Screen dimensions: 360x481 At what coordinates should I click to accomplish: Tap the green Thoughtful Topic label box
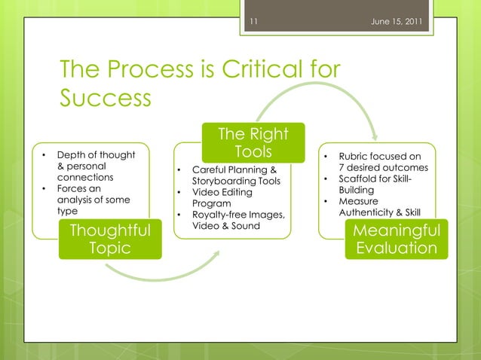[x=110, y=239]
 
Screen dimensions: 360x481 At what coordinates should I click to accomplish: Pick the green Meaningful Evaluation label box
[x=397, y=239]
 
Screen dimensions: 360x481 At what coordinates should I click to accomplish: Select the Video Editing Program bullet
[x=219, y=198]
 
